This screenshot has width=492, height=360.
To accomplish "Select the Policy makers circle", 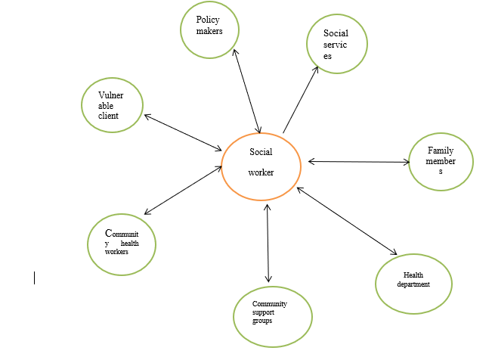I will coord(209,29).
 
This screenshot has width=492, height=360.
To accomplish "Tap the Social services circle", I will coord(337,45).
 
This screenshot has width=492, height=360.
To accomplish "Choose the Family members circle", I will coord(441,162).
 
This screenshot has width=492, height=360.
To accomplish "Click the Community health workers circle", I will coord(122,244).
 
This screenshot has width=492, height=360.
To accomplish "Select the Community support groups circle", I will coord(272,316).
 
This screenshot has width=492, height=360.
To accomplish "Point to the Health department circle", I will coord(413,283).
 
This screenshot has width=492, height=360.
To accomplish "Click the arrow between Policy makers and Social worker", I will coord(247,91).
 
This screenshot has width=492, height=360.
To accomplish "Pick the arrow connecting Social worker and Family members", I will coord(358,161).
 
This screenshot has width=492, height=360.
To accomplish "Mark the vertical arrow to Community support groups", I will coord(268,243).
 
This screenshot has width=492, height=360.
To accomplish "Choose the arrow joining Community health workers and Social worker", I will coord(181,190).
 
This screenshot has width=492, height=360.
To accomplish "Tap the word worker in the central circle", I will coord(261,172).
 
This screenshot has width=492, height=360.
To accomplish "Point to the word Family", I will coord(441,151).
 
